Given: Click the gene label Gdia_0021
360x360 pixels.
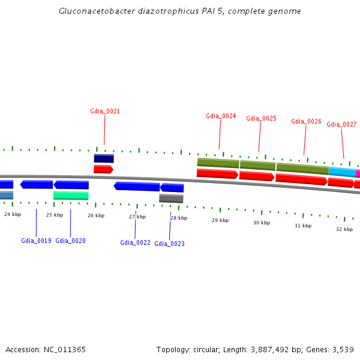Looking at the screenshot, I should [105, 111].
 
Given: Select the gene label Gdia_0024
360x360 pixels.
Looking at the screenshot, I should [221, 116].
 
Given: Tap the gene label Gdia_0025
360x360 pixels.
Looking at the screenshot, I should [261, 118].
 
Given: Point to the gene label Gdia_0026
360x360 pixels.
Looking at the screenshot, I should [306, 121].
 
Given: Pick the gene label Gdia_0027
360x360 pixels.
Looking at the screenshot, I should [341, 124].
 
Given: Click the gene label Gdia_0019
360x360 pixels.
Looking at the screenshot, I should [36, 241].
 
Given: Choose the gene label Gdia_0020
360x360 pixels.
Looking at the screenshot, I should [70, 241].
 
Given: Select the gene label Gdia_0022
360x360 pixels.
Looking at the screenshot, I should [135, 242].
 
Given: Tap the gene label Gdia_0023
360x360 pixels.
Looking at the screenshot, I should [169, 244].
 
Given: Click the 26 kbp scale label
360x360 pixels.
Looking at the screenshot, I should [96, 215].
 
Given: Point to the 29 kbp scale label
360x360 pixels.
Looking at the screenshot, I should [220, 220].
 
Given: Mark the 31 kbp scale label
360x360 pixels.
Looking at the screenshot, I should [302, 226].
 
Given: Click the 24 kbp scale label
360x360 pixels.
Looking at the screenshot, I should [13, 214].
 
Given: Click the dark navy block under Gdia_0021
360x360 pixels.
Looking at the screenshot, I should [104, 158].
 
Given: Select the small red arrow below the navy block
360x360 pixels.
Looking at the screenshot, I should [103, 169].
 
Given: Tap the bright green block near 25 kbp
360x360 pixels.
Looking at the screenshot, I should [71, 195].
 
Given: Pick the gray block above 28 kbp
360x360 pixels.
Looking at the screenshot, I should [171, 198].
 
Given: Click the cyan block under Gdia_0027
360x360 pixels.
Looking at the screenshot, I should [342, 172].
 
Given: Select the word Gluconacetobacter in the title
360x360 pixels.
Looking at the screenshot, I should [89, 11].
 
